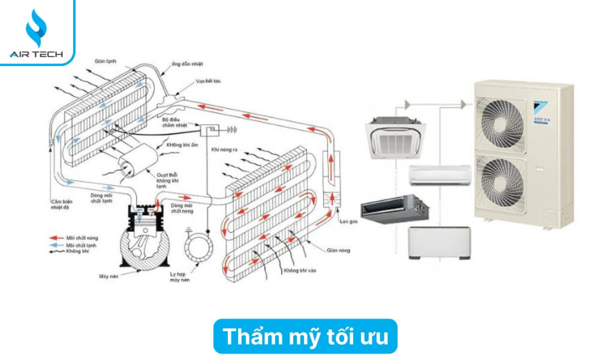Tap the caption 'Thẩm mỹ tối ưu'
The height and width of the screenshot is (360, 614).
coord(305,337)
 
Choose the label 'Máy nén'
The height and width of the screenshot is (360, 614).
coord(107,276)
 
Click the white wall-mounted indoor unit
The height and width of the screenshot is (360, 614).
coord(439,175)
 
